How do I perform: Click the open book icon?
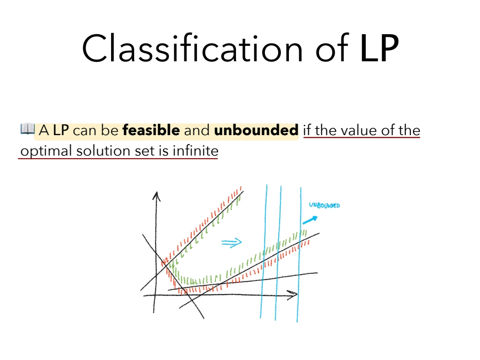coord(28,129)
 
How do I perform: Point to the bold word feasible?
coord(151,130)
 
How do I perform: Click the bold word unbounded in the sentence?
coord(256,130)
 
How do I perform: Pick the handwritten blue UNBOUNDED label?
coord(324,205)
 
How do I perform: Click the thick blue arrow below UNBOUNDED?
coord(310,220)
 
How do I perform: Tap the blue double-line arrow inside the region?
coord(232,243)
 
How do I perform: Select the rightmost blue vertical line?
coord(299,255)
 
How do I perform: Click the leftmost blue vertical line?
coord(264,252)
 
